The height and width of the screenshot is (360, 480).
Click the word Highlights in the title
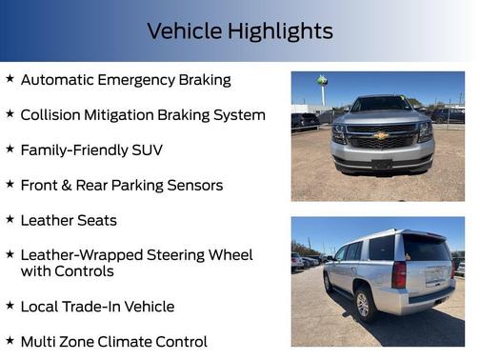point(280,31)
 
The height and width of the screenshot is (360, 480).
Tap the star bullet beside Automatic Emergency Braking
point(10,79)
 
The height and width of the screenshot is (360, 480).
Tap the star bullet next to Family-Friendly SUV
point(10,150)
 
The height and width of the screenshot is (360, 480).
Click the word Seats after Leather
point(96,220)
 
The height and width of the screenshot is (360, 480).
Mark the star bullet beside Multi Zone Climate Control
point(10,341)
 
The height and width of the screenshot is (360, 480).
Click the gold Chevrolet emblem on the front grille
point(381,135)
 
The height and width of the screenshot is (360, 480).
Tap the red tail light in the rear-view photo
point(400,275)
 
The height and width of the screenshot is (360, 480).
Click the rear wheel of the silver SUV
point(362,303)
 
